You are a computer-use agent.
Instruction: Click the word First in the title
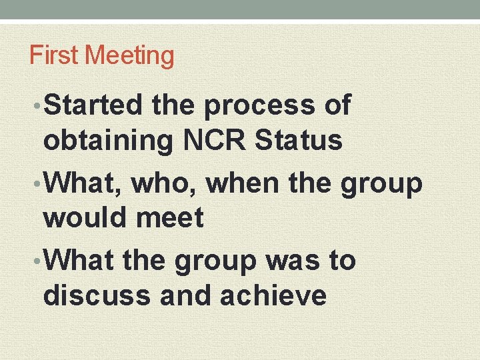[53, 55]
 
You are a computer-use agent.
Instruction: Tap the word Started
[93, 105]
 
